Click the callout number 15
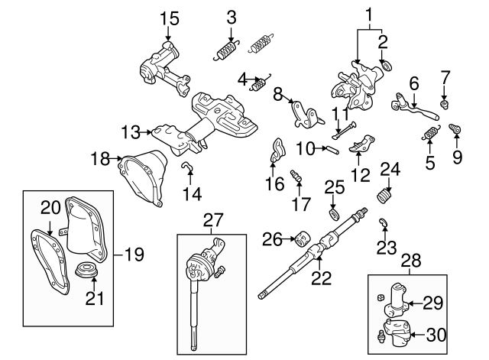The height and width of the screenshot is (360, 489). pos(169,17)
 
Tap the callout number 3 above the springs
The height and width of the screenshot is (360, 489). pos(232,17)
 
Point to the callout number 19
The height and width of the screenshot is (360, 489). pos(134,255)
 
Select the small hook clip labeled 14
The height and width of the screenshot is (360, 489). pos(186,167)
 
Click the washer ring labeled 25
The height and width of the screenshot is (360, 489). pos(335,211)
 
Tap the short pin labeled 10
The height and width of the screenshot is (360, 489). pos(334,149)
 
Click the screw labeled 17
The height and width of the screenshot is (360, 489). pos(297,180)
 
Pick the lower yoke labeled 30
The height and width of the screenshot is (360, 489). pos(396,332)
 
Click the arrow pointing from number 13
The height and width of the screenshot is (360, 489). pos(146,132)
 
